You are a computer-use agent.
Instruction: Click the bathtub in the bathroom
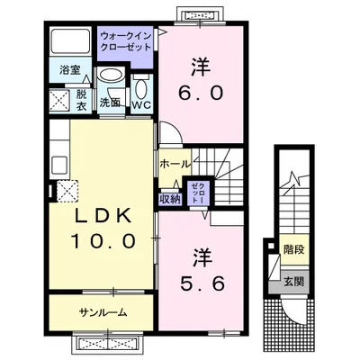(71, 42)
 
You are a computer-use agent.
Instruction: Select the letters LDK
(98, 216)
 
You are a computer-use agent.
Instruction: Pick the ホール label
(174, 164)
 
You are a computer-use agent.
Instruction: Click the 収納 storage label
(169, 199)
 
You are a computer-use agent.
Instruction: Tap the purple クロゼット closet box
(197, 193)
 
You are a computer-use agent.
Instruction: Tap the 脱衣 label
(80, 99)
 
